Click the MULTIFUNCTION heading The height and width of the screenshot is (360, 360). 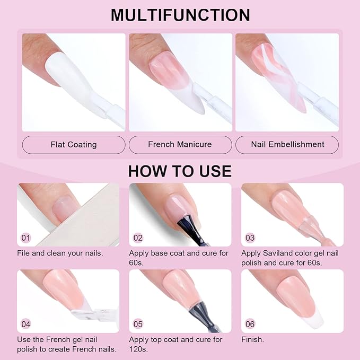coord(180,14)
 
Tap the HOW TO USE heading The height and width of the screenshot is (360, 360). coord(180,171)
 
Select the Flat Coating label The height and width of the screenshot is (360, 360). coord(74,144)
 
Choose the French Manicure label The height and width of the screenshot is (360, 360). coord(180,144)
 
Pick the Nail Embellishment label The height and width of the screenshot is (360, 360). coord(287,144)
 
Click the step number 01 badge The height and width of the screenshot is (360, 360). coord(26,237)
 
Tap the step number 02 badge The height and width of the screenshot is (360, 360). coord(138,237)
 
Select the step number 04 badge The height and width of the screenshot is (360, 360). coord(26,323)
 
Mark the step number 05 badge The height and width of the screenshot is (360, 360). coord(138,323)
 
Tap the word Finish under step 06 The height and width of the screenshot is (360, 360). coord(252,339)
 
